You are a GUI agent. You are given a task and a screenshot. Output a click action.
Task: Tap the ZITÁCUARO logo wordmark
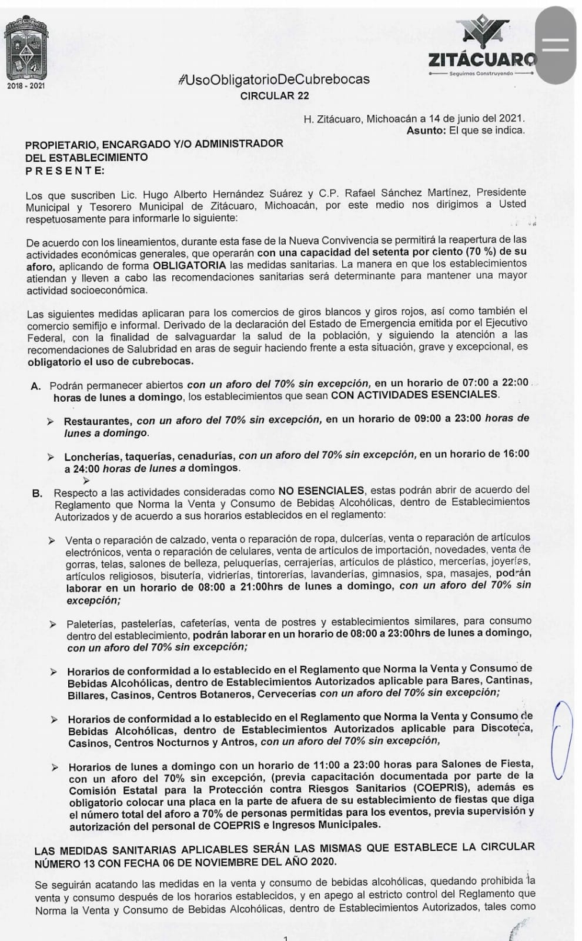coord(482,59)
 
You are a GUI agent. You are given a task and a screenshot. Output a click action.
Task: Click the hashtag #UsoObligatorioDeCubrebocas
coord(274,79)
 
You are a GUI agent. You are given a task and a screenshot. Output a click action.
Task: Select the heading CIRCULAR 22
coord(275,96)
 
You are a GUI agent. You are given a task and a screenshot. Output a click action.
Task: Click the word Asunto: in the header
coord(426,131)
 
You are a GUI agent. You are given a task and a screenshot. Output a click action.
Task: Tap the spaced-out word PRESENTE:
coord(65,171)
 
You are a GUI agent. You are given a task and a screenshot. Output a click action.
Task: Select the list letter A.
coord(36,386)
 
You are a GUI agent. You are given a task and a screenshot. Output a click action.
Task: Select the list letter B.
coord(38,492)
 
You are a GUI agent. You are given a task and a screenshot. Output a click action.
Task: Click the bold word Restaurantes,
coord(99,421)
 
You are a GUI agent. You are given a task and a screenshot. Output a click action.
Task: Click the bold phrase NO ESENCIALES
coord(321,490)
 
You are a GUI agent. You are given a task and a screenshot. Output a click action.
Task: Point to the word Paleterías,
coord(91,623)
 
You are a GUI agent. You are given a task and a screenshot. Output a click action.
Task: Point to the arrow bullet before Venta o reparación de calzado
coord(52,540)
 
